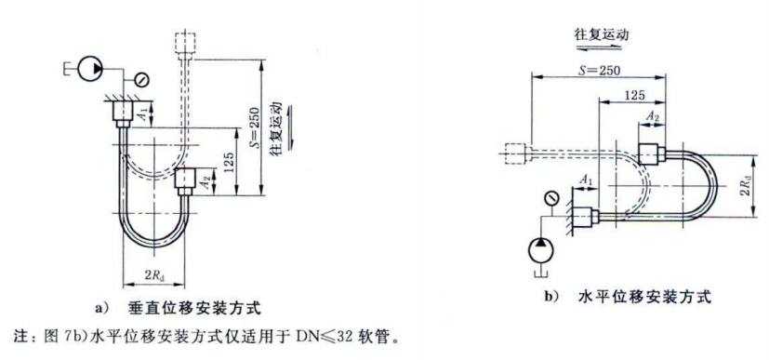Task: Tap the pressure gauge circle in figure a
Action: [x=139, y=77]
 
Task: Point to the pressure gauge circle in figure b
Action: [x=552, y=196]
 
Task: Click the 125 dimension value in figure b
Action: [x=635, y=95]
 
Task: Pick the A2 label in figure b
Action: [x=654, y=116]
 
